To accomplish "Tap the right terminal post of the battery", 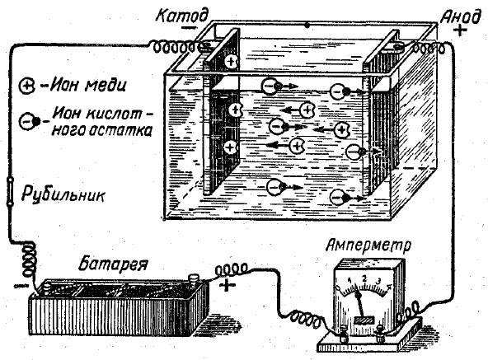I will (195, 283).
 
